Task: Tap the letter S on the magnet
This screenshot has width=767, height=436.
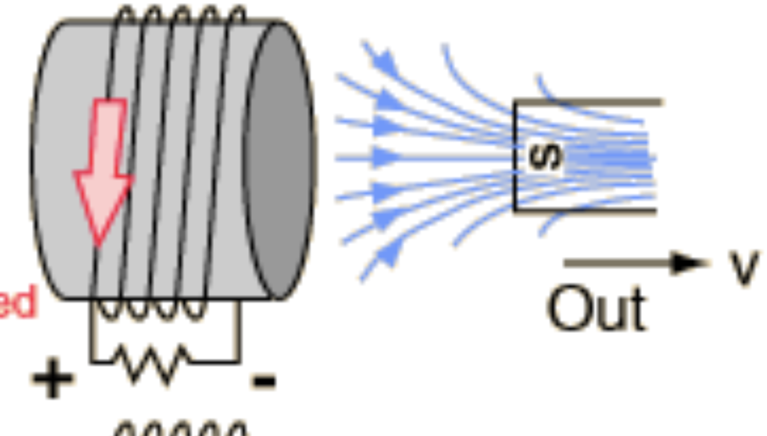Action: pos(545,157)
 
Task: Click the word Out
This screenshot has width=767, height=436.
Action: pos(596,309)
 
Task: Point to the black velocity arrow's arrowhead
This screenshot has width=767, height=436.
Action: pos(688,263)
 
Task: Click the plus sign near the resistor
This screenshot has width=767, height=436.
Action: pos(53,379)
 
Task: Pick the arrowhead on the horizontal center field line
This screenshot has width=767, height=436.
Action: pos(386,157)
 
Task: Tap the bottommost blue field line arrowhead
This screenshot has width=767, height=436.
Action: pos(387,254)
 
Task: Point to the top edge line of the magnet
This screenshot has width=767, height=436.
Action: pos(590,103)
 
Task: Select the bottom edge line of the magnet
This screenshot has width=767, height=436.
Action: pos(586,210)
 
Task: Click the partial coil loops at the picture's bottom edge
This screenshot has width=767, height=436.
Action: pos(180,428)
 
